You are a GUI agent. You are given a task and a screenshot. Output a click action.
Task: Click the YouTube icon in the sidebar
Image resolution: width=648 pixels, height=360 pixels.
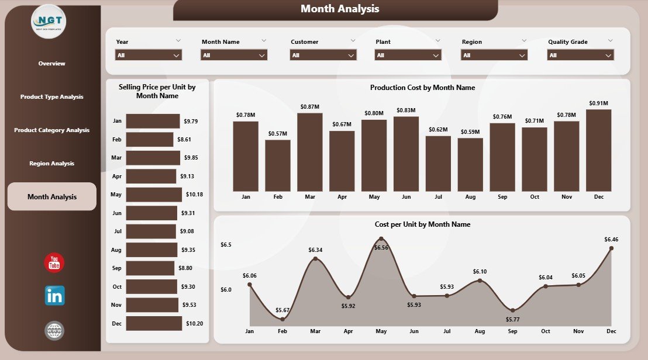pos(54,262)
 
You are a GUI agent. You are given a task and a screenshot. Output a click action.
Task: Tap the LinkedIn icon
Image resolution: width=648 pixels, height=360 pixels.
pos(54,296)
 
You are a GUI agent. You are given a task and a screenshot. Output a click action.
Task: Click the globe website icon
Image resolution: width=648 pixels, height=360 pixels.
pos(54,331)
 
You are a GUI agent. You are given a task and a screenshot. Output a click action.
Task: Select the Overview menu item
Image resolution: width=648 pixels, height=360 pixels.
pos(51,63)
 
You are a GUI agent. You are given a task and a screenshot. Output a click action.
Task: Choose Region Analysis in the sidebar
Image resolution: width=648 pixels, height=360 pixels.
pos(51,164)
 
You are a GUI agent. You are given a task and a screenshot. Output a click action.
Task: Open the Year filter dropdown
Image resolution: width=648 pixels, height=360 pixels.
pos(149,55)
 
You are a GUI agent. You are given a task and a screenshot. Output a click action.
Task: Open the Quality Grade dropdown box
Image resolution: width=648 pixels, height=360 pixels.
pos(580,55)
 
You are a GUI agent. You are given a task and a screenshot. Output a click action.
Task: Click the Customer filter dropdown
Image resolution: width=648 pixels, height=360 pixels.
pos(323,55)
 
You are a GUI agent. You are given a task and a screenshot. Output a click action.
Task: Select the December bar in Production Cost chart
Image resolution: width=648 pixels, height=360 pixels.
pos(598,150)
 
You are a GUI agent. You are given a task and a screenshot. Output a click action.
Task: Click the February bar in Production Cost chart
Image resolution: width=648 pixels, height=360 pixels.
pos(278,165)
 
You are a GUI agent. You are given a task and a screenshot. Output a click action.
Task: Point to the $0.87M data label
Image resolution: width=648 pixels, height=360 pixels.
pos(309,106)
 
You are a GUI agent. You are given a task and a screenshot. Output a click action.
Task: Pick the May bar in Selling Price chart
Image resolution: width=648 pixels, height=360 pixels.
pos(154,195)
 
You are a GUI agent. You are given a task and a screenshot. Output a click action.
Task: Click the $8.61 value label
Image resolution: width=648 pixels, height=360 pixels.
pos(184,140)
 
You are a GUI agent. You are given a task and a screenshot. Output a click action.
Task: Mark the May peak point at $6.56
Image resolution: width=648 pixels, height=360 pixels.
pos(381,238)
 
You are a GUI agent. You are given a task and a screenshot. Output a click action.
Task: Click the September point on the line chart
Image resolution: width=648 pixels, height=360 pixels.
pos(512,310)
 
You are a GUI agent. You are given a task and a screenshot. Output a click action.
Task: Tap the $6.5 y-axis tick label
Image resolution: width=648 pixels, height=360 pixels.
pos(226,244)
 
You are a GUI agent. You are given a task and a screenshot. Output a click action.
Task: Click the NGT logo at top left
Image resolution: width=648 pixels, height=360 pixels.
pos(49,21)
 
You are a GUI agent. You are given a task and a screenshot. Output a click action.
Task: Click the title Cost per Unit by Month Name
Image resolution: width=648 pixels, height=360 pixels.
pos(422,224)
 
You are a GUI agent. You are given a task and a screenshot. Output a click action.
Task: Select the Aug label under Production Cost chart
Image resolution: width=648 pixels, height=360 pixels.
pos(470,197)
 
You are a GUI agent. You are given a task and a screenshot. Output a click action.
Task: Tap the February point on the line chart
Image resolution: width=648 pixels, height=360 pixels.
pos(282,319)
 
